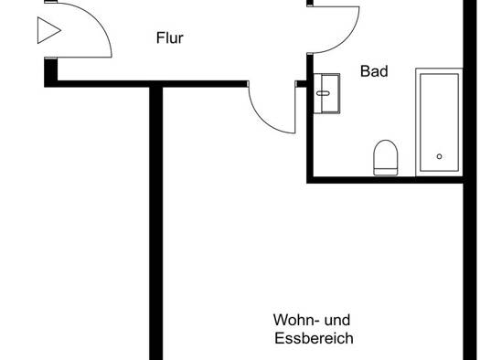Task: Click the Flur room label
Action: [x=169, y=38]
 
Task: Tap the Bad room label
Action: [x=374, y=71]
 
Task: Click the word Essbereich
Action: [x=314, y=338]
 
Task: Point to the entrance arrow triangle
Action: [x=49, y=30]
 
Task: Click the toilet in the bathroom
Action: [x=386, y=157]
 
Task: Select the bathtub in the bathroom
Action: [x=439, y=122]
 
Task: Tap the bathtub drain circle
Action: [x=439, y=156]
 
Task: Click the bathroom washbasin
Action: [x=327, y=93]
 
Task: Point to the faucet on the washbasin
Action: [x=323, y=93]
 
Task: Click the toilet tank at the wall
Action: [x=386, y=172]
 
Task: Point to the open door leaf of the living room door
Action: [x=295, y=107]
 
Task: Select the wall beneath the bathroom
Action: [x=385, y=180]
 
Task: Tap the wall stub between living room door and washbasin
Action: [x=301, y=84]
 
